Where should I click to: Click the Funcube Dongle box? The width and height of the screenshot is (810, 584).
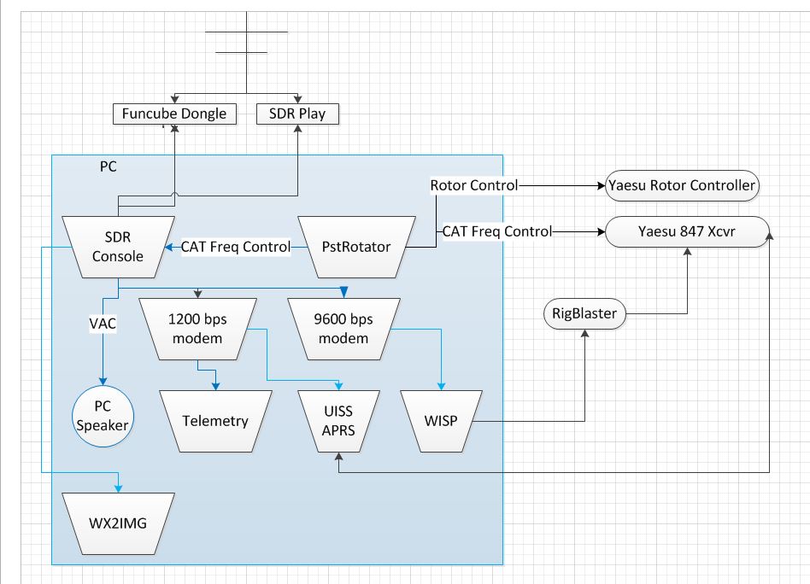(x=174, y=113)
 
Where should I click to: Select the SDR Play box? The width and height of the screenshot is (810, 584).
(x=298, y=113)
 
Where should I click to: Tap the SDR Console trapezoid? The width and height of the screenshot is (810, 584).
(x=119, y=247)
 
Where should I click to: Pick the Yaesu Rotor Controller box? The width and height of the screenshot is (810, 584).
(x=681, y=184)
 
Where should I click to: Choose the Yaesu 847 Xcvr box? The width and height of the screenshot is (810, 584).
(x=686, y=231)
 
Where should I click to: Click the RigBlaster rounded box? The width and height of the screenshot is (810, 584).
(x=585, y=314)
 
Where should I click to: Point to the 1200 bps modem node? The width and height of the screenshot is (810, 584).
(x=198, y=329)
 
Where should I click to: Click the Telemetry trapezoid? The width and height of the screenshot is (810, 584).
(x=215, y=420)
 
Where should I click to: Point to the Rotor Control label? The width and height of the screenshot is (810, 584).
(x=473, y=184)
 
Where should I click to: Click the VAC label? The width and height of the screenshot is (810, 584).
(x=103, y=324)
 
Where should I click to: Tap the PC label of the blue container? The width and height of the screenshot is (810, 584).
(x=108, y=166)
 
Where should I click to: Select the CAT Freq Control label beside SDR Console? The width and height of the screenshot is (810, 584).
(x=236, y=247)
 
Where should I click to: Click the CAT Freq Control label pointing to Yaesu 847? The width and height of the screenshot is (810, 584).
(x=496, y=231)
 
